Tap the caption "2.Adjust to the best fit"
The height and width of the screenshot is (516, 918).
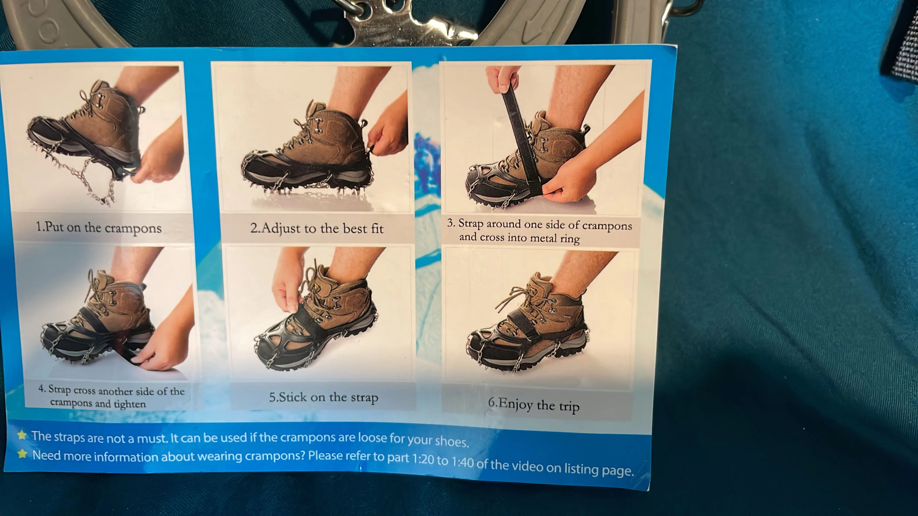(317, 228)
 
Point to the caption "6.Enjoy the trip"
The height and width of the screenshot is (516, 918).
(534, 405)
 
